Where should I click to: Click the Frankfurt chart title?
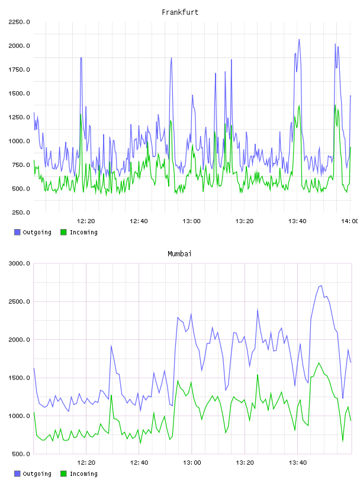180,12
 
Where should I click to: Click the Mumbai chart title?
179,254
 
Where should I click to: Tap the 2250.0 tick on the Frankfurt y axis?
19,22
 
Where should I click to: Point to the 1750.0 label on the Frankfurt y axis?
19,70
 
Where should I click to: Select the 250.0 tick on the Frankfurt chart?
21,212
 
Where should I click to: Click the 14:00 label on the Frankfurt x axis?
349,221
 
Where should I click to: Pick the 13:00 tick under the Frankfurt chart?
191,221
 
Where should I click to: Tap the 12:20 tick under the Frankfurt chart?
86,221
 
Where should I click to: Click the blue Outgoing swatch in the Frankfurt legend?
17,232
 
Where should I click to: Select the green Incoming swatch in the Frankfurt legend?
63,232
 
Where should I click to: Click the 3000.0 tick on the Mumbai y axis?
19,263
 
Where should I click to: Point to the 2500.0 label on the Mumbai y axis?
19,301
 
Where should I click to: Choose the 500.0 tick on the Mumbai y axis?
21,454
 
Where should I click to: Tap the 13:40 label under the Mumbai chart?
298,463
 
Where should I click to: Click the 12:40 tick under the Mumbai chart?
139,463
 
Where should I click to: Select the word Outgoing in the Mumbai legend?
37,474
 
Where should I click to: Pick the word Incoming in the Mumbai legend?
84,474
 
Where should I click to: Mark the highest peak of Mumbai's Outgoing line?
322,285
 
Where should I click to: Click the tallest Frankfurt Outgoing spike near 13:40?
299,40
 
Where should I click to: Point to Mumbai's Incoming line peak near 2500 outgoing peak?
319,363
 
